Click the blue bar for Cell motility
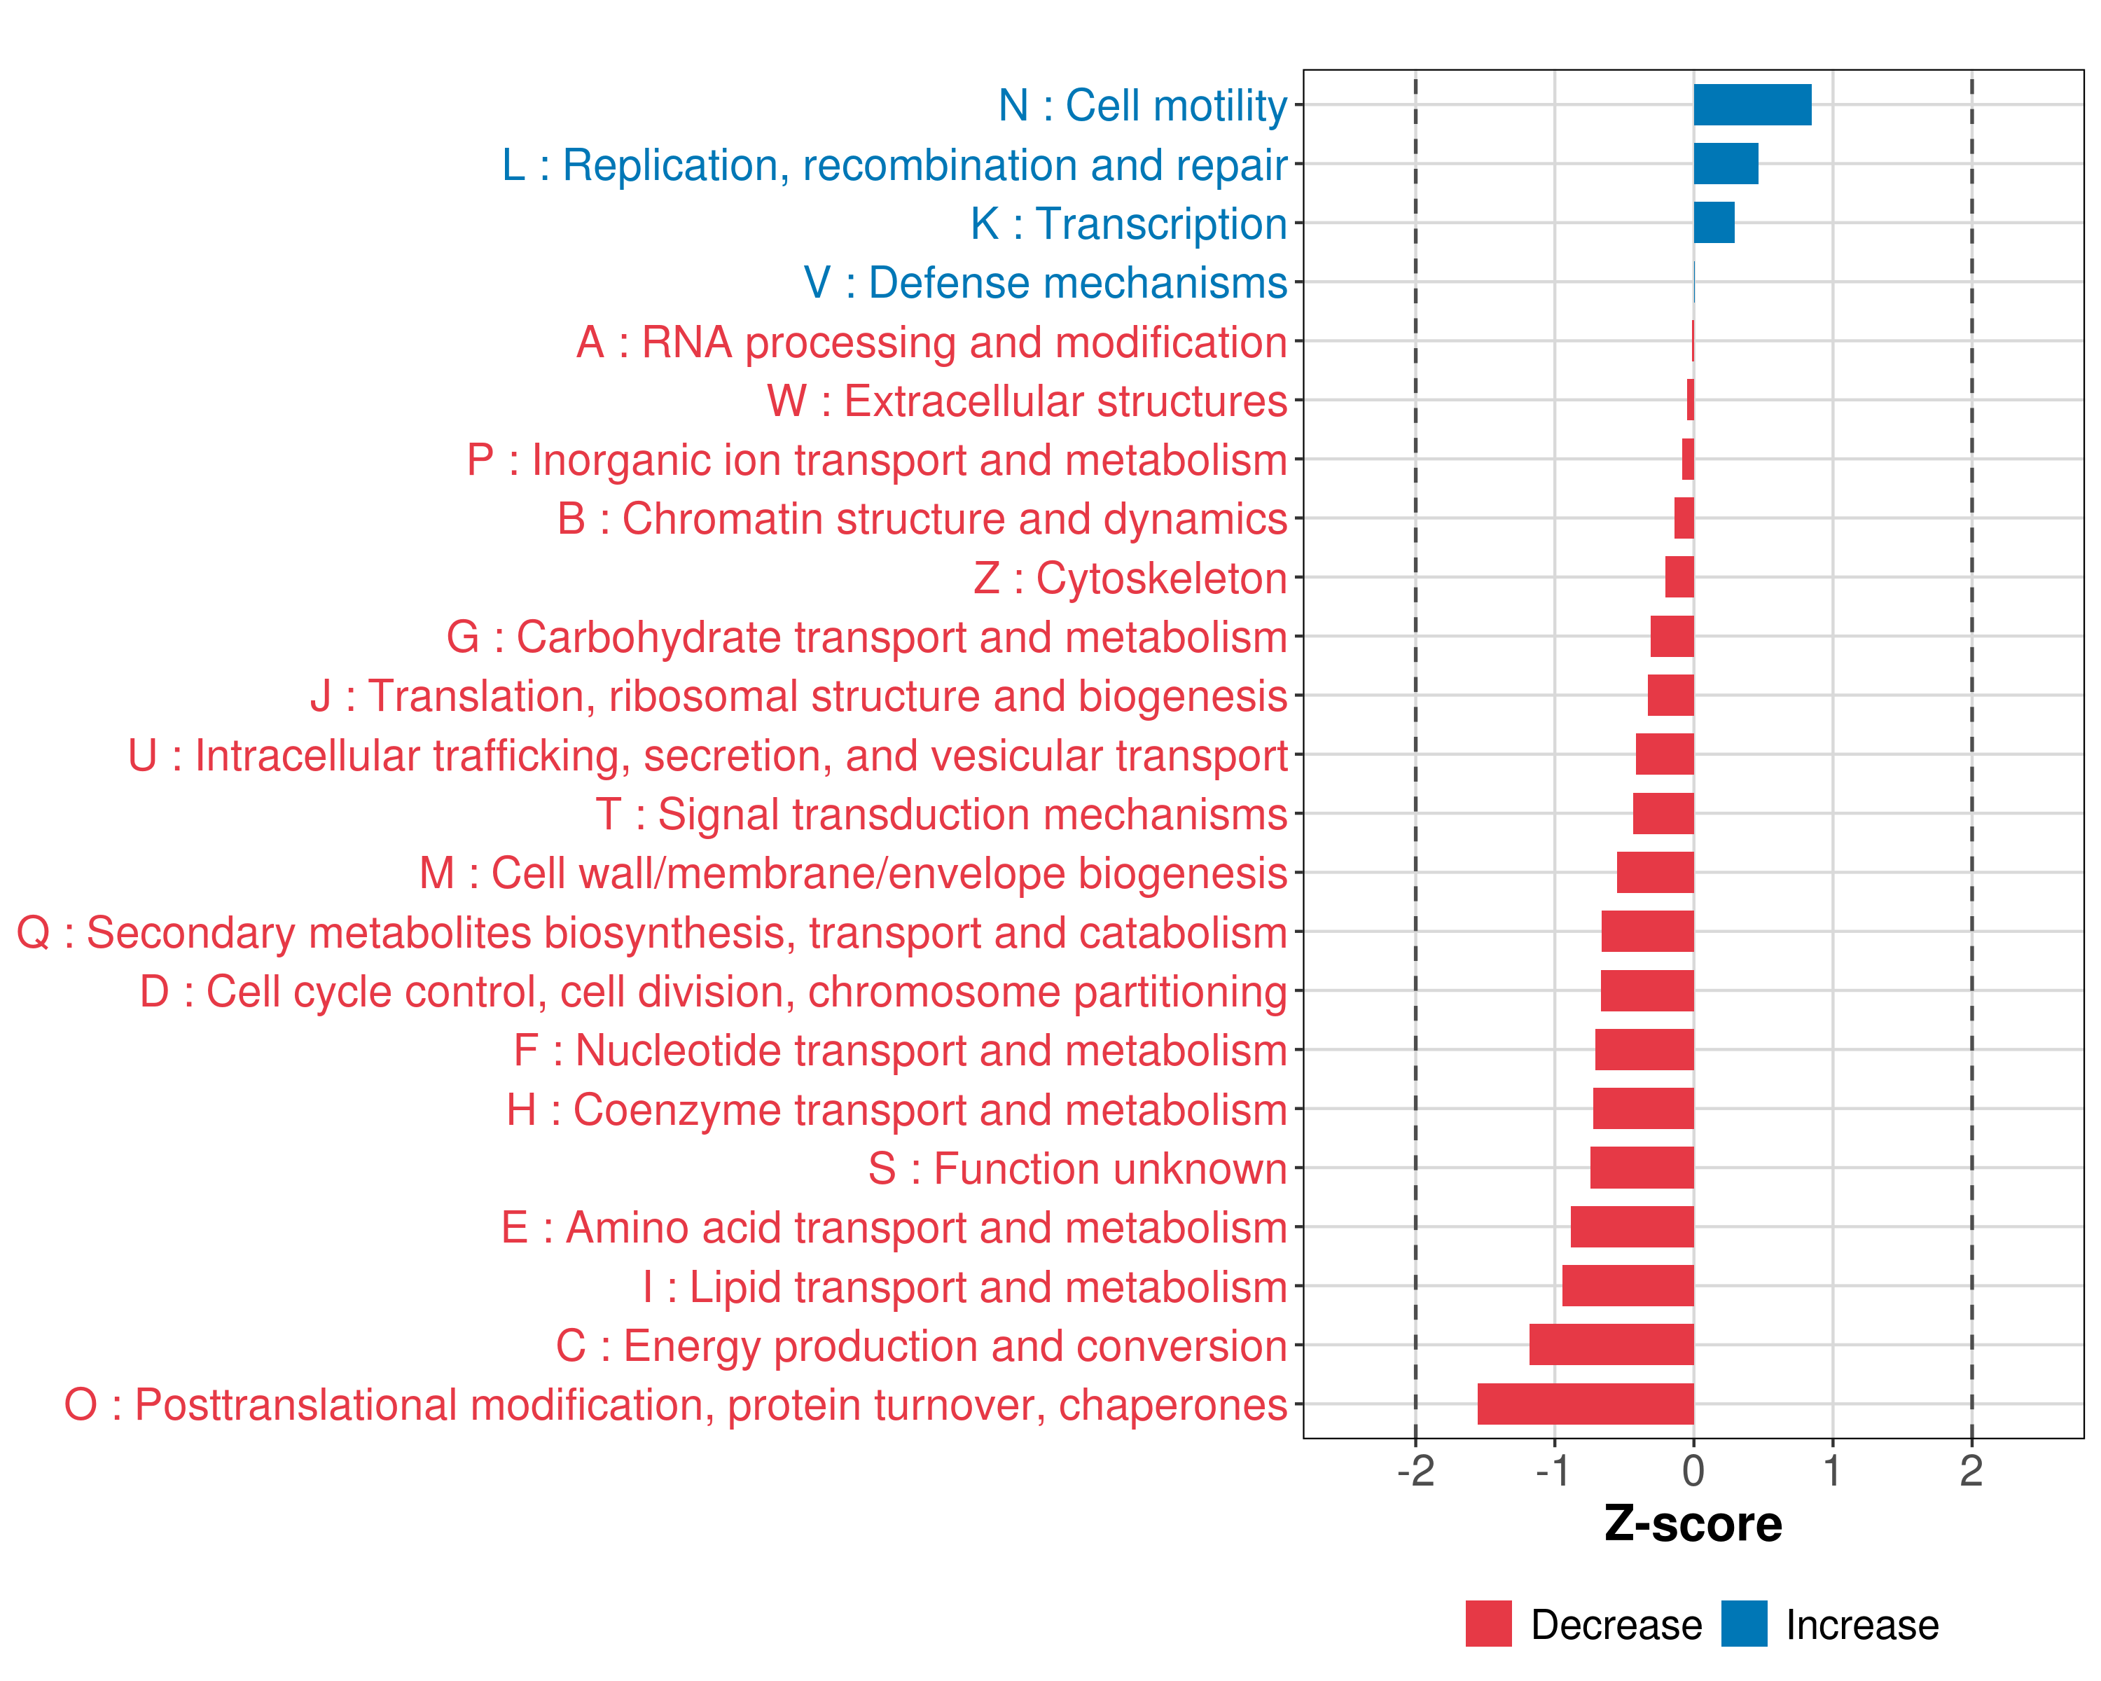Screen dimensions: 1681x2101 tap(1752, 105)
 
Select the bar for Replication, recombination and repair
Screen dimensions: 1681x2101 tap(1726, 164)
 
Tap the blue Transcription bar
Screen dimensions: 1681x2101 tap(1714, 223)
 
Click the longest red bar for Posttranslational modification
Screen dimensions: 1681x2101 tap(1586, 1404)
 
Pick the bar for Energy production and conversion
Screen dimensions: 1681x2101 tap(1611, 1345)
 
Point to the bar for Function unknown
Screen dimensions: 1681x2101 tap(1642, 1168)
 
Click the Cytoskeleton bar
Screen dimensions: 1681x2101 tap(1680, 577)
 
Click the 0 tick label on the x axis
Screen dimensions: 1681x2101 tap(1693, 1472)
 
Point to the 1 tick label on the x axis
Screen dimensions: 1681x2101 tap(1832, 1472)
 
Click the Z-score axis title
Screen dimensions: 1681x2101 tap(1693, 1525)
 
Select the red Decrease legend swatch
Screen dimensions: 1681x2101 tap(1489, 1624)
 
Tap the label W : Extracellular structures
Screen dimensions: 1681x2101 tap(1027, 401)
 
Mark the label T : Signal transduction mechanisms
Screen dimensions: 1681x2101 tap(941, 815)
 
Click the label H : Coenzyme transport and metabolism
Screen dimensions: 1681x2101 tap(896, 1110)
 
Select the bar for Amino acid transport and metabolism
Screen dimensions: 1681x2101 tap(1632, 1227)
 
